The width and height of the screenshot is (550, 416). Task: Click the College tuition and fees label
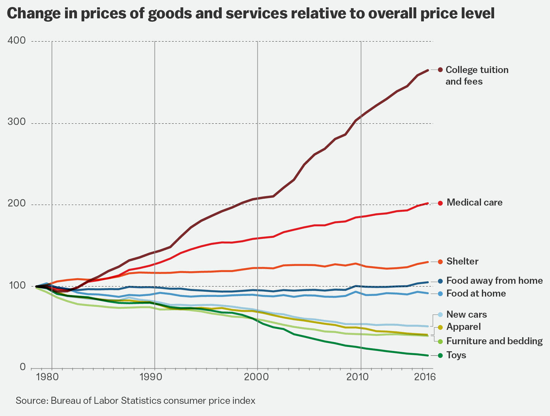[477, 75]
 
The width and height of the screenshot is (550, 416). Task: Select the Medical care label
[474, 203]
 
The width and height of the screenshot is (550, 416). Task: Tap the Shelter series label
[462, 261]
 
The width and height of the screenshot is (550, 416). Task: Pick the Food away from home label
[494, 281]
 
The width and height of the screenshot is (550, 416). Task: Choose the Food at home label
[476, 294]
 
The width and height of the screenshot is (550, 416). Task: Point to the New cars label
[467, 315]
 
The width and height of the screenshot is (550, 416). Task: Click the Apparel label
[464, 327]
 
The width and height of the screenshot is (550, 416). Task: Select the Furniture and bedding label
[494, 341]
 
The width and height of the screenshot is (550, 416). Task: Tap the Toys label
[456, 355]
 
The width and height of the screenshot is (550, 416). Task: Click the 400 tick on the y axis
[18, 40]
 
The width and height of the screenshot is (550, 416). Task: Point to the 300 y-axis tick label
[18, 122]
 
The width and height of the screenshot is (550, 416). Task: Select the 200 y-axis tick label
[18, 204]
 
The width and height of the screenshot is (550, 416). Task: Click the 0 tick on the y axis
[23, 367]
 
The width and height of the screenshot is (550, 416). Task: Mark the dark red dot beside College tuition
[440, 70]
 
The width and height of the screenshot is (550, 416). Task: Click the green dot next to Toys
[440, 355]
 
